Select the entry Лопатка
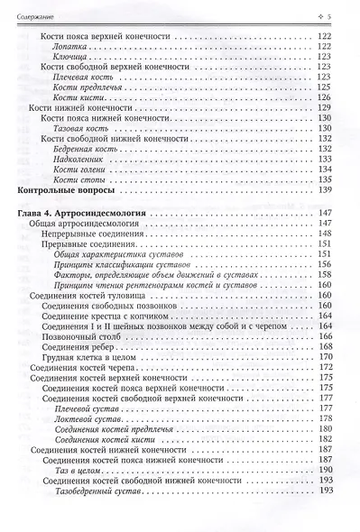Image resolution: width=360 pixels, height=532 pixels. tap(72, 47)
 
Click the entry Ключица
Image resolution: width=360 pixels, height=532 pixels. tap(72, 58)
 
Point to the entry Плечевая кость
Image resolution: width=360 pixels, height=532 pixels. tap(87, 79)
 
